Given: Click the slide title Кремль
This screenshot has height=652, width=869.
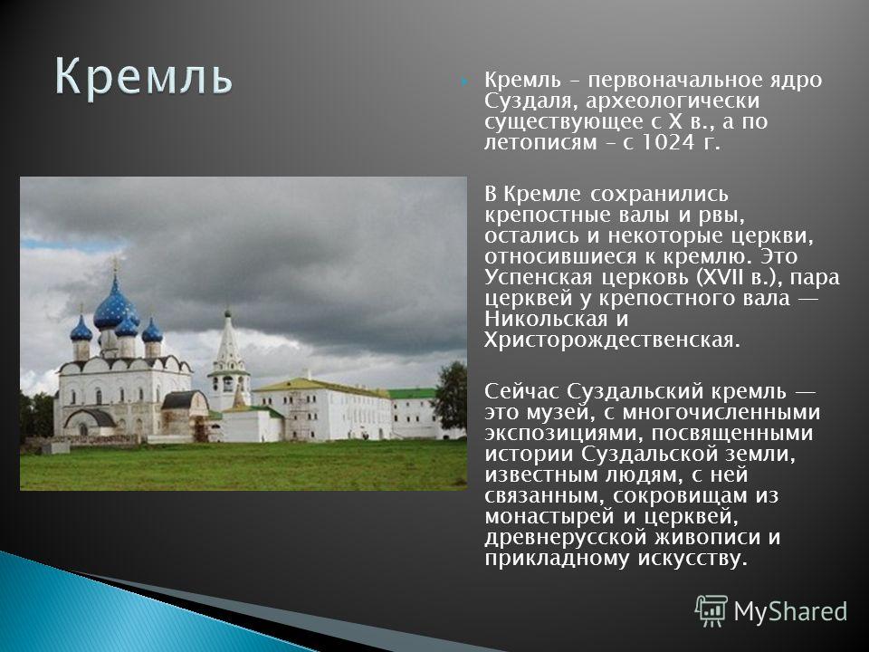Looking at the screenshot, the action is coord(143,76).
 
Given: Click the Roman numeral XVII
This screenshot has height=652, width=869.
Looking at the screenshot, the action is coord(717,277).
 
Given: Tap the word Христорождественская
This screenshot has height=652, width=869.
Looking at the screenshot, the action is coord(612,340).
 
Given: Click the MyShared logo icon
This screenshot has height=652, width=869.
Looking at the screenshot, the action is coord(711,611).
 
